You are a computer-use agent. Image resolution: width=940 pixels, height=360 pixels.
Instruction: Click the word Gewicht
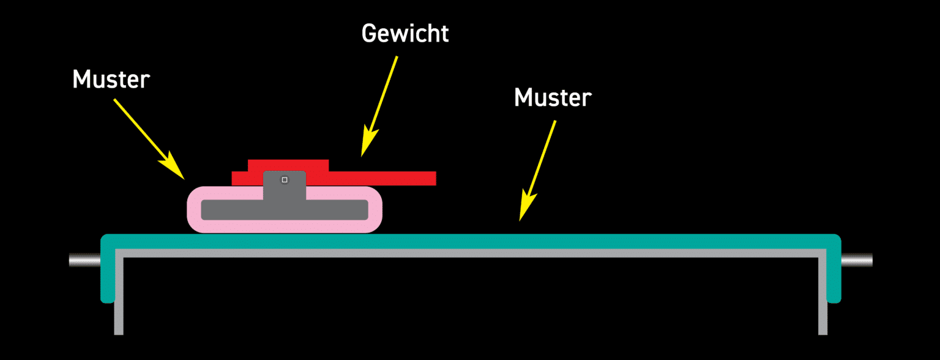[405, 33]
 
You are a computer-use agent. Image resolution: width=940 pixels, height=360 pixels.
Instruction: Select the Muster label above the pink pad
[111, 79]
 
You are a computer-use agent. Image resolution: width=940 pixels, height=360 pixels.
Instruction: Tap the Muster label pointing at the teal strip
[553, 97]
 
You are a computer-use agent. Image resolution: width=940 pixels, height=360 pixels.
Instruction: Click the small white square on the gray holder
[285, 179]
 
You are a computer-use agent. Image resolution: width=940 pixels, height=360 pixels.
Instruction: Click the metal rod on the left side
[84, 261]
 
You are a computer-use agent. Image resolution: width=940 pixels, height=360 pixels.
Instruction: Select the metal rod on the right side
[857, 261]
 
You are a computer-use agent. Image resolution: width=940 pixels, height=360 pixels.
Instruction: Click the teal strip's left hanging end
[108, 276]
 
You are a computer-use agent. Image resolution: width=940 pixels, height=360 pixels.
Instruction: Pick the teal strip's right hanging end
[834, 276]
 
